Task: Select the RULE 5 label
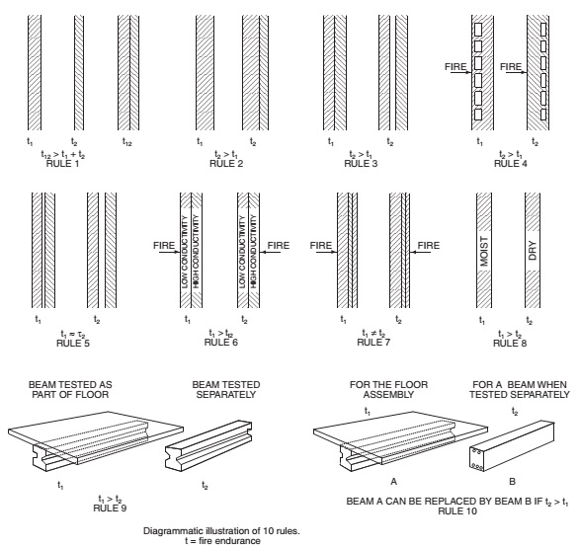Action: click(x=68, y=343)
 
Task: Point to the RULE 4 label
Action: click(x=508, y=162)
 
